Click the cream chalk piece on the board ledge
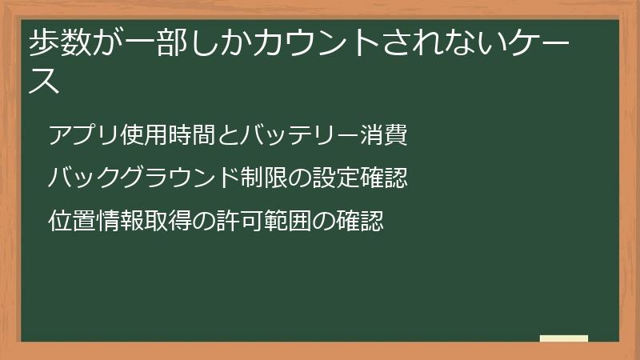coord(564,338)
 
